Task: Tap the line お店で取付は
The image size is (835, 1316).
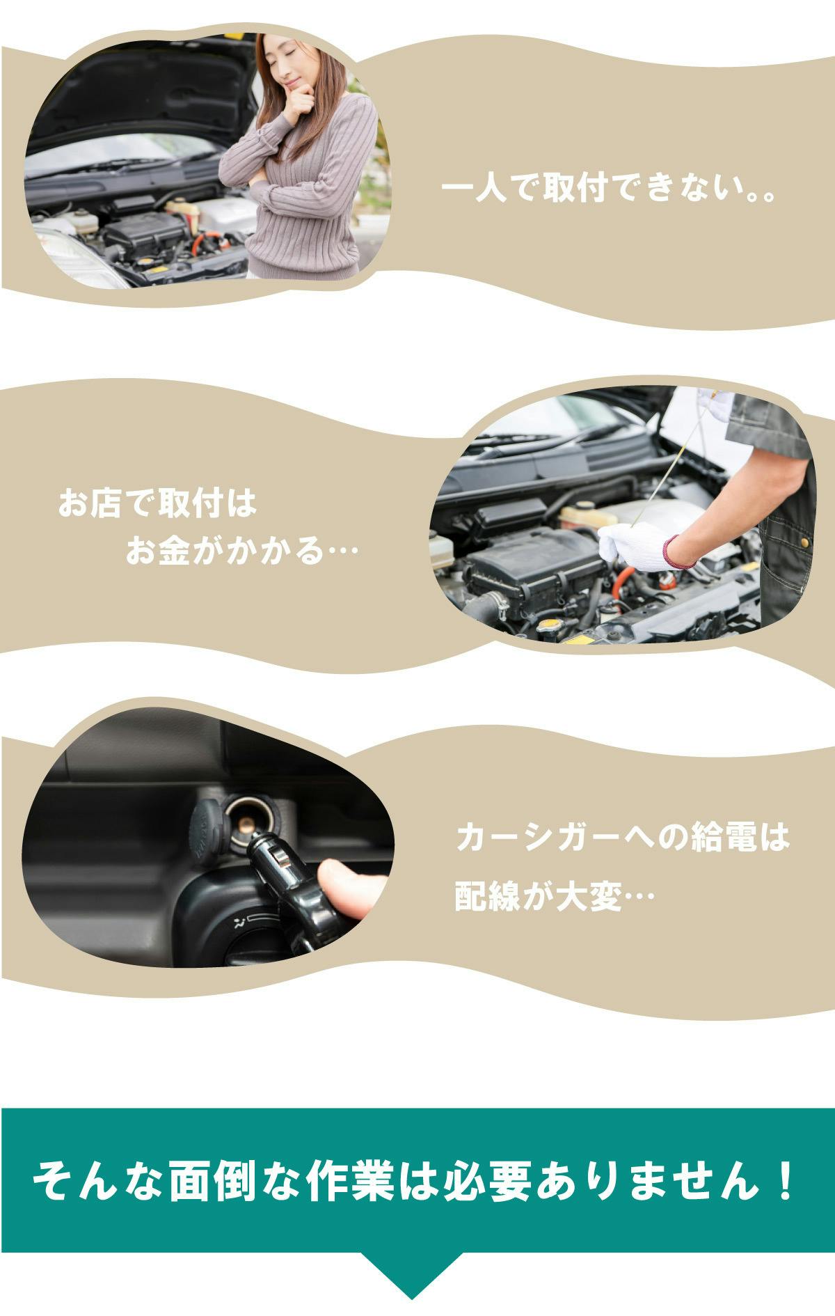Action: (158, 503)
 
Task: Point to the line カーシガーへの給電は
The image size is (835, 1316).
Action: (623, 837)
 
